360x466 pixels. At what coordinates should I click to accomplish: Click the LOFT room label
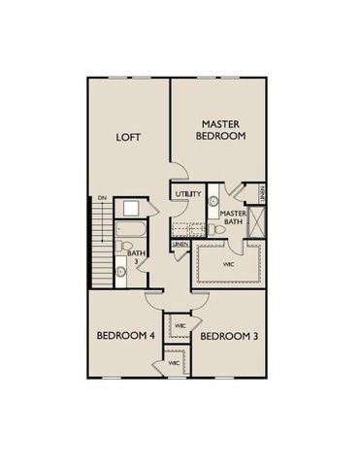[x=129, y=137]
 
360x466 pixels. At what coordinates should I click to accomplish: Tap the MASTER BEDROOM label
[x=222, y=130]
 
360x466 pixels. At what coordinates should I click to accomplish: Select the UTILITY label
[x=188, y=194]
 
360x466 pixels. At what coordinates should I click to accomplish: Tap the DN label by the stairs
[x=101, y=199]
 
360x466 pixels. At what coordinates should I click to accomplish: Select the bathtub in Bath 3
[x=126, y=232]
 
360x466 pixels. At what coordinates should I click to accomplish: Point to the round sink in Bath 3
[x=128, y=209]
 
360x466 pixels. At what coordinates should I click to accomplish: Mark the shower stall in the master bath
[x=256, y=221]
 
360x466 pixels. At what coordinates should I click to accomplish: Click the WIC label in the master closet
[x=229, y=263]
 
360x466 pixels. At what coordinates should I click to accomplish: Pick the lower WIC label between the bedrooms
[x=174, y=362]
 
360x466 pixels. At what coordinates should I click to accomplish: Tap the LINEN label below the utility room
[x=182, y=244]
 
